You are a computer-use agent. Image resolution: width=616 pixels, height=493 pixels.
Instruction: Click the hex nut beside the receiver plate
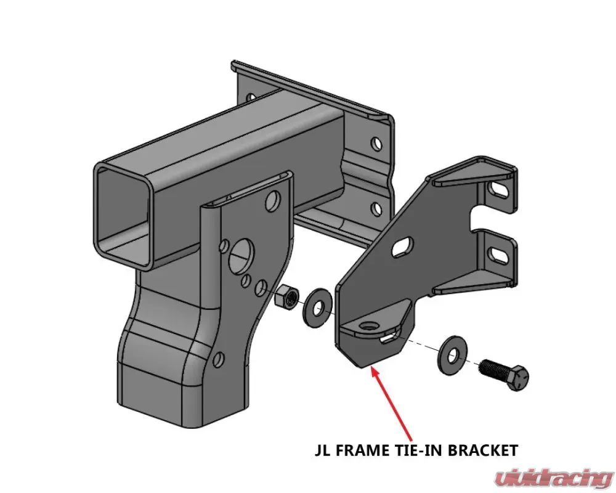click(286, 297)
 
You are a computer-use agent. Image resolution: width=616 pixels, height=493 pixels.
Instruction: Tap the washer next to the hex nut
click(317, 307)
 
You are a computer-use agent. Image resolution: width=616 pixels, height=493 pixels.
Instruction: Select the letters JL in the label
click(322, 449)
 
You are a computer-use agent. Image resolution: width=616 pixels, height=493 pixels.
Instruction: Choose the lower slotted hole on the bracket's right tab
click(499, 253)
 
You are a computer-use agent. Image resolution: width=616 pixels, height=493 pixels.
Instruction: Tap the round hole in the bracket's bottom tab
click(368, 326)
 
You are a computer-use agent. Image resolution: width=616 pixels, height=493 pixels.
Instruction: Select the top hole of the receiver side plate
click(272, 199)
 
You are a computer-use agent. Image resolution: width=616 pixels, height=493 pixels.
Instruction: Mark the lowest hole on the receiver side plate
click(219, 359)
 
